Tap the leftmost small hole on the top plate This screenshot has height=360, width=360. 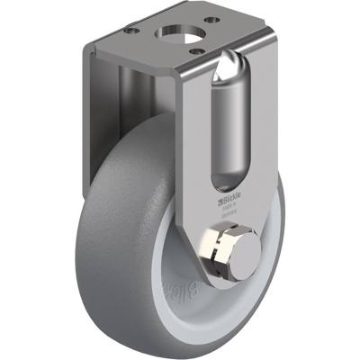[x=131, y=30]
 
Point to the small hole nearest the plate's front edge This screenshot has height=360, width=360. [x=193, y=51]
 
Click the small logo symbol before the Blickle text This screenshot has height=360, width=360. [x=219, y=192]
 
